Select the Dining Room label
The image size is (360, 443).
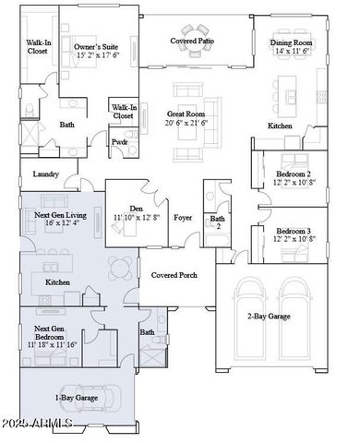pyautogui.click(x=293, y=42)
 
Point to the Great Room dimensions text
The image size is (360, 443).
pyautogui.click(x=186, y=122)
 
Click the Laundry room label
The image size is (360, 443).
pyautogui.click(x=45, y=174)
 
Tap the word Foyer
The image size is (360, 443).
pyautogui.click(x=183, y=218)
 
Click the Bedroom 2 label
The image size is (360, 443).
pyautogui.click(x=294, y=173)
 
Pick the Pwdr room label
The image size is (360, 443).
pyautogui.click(x=119, y=143)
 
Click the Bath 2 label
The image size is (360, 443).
pyautogui.click(x=218, y=222)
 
